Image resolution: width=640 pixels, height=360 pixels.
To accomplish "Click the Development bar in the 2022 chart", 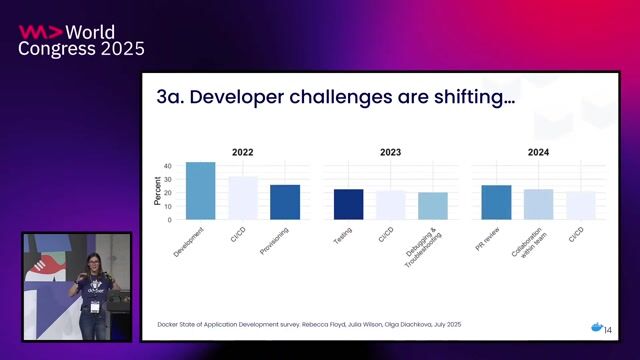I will [x=200, y=191].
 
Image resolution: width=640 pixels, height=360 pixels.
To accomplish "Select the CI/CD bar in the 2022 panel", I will [x=243, y=198].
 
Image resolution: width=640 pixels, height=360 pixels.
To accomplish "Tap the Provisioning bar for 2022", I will [x=285, y=202].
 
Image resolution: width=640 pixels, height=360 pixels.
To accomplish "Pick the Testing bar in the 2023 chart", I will [x=348, y=204].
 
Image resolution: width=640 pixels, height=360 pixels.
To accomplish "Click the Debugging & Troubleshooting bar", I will [x=433, y=206].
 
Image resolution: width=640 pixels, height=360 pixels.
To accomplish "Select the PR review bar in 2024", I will [x=496, y=202].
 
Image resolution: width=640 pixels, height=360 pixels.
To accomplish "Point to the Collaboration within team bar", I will [x=538, y=204].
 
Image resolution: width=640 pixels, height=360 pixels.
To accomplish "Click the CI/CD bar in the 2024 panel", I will [x=581, y=205].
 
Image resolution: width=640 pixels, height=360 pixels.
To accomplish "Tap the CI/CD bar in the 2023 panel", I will [x=391, y=205].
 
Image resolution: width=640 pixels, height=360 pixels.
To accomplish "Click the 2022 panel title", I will [x=242, y=153].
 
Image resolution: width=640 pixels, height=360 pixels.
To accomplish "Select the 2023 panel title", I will [x=390, y=153].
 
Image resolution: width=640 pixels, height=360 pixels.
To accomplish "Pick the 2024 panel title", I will [x=538, y=153].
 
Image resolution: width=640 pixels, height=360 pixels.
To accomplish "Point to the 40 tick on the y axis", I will [x=167, y=166].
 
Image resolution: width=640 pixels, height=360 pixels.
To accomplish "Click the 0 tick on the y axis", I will [x=169, y=219].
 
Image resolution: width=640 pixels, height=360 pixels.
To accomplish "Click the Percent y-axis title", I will [x=157, y=192].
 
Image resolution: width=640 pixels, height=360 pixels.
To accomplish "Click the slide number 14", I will [x=608, y=330].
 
